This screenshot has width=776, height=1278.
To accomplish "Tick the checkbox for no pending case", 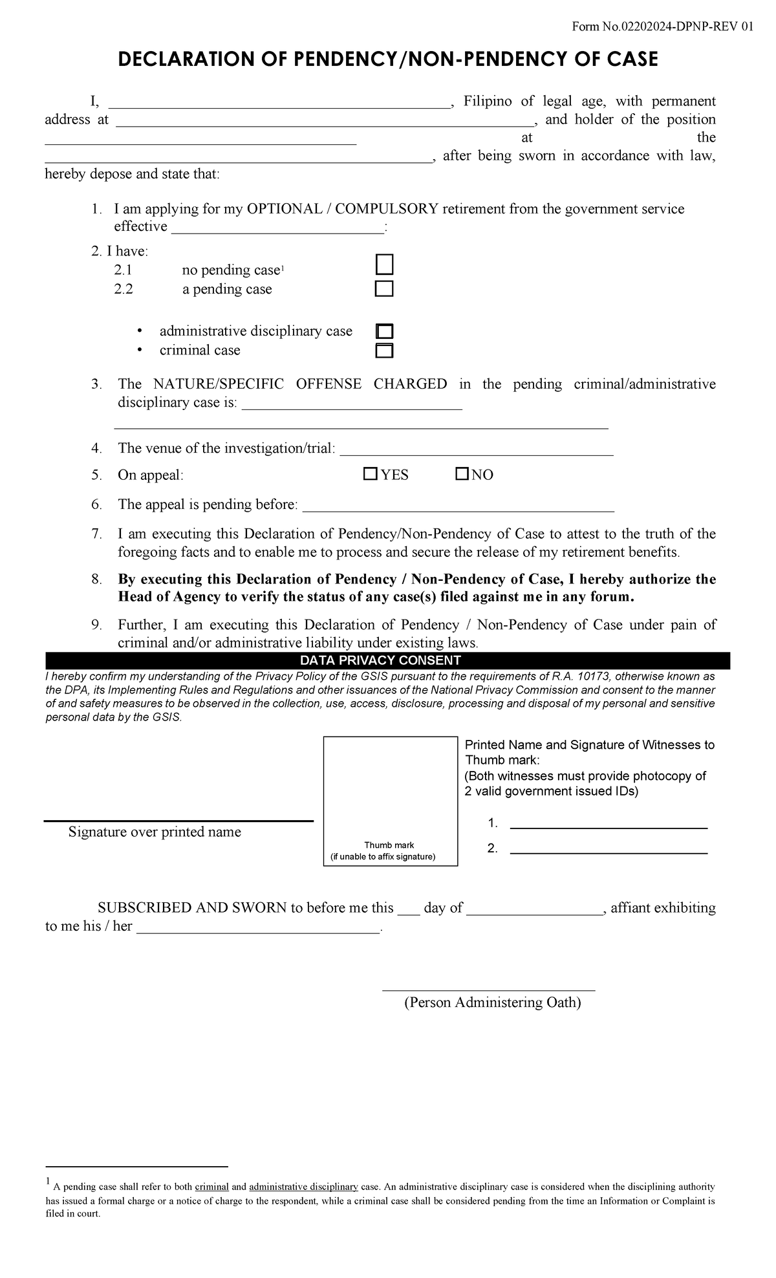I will click(x=384, y=265).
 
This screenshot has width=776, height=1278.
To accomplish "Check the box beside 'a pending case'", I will click(x=384, y=288).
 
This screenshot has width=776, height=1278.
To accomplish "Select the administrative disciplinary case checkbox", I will click(x=385, y=331).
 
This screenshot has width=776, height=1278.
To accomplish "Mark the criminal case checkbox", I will click(x=385, y=351).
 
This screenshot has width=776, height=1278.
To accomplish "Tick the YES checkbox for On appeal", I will click(x=370, y=474).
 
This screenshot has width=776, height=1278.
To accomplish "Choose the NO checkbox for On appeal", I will click(x=462, y=474).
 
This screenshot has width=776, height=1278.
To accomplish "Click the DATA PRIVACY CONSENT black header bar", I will click(x=387, y=660).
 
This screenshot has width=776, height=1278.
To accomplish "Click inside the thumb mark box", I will click(x=390, y=789).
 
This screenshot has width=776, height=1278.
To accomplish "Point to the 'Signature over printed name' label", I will click(x=155, y=832).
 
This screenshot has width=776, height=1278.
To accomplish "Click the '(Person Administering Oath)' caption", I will click(x=492, y=1002).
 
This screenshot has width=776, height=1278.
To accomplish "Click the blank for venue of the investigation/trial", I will click(x=476, y=449).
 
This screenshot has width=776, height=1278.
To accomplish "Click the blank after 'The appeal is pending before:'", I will click(x=458, y=506).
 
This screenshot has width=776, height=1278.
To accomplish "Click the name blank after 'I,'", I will click(x=278, y=102).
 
